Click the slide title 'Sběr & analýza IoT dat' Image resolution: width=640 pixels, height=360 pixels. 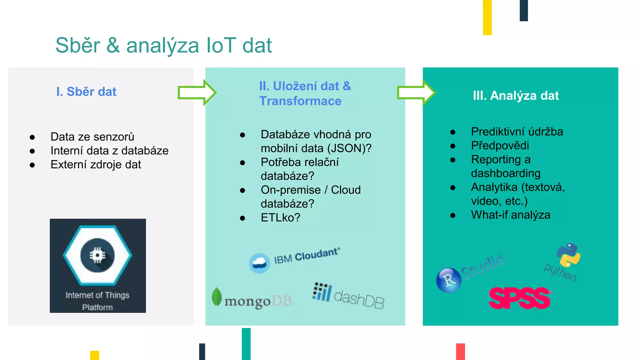(x=163, y=46)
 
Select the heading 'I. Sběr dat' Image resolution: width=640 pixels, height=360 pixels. (x=86, y=92)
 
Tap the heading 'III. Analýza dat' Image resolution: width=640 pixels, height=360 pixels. (x=516, y=95)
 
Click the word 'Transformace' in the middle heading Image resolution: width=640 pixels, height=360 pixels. (x=300, y=101)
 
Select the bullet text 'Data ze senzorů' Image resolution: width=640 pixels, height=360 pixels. (x=92, y=137)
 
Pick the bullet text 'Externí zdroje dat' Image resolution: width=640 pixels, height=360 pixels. (x=96, y=164)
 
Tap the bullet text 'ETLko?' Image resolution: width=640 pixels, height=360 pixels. (x=280, y=217)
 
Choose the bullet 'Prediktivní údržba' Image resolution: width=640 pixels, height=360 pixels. (x=517, y=132)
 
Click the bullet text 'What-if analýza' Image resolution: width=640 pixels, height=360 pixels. (x=511, y=215)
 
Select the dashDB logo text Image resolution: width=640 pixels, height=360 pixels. (x=359, y=299)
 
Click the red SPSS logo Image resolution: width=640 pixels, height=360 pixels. (x=520, y=298)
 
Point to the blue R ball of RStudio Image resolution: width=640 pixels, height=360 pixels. (x=448, y=280)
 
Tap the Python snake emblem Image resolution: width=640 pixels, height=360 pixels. (x=568, y=255)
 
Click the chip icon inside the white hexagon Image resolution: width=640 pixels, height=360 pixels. (x=97, y=255)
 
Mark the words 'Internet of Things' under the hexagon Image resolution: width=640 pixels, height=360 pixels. (x=97, y=295)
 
